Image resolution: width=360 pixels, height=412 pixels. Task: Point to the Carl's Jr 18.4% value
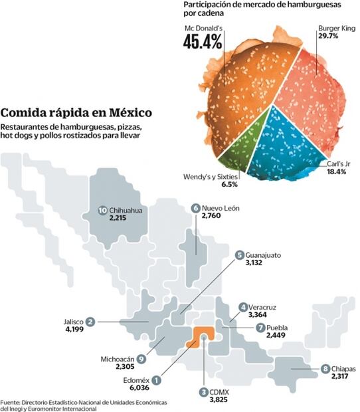[337, 172]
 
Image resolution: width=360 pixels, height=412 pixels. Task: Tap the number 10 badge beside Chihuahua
[102, 211]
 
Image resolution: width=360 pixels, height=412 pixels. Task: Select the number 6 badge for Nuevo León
[195, 208]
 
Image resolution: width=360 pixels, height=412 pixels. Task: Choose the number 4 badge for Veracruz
[243, 306]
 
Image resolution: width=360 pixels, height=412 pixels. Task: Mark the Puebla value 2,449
[279, 337]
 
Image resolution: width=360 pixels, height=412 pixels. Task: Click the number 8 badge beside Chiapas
[325, 369]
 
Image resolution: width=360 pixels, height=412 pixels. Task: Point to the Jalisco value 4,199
[72, 330]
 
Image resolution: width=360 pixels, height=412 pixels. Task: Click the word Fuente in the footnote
[10, 403]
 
